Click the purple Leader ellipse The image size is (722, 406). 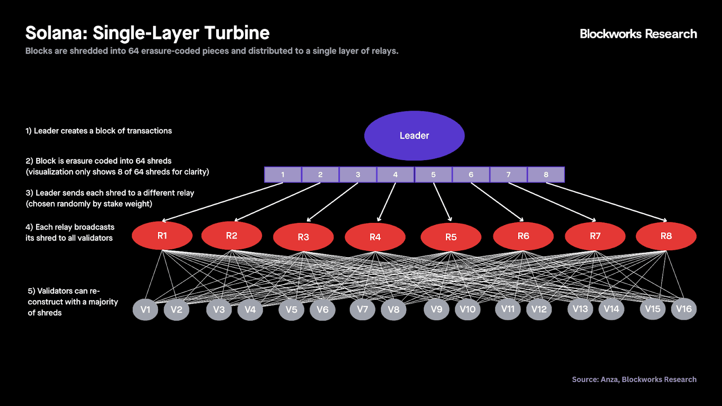414,135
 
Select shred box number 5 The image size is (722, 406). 433,175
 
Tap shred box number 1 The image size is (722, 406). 283,175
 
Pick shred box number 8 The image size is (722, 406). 546,175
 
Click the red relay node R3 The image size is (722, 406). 303,237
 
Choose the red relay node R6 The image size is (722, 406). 523,236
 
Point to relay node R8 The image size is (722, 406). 666,236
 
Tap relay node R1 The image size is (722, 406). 162,235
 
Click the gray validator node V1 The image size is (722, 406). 145,309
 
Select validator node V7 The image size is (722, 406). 362,309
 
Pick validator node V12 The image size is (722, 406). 539,309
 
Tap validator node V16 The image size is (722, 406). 684,309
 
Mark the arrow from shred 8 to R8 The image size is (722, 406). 606,202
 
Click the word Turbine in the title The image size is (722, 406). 237,33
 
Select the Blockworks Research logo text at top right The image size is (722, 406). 638,34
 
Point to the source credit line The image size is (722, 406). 634,379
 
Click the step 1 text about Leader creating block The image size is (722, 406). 98,131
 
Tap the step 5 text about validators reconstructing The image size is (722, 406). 72,302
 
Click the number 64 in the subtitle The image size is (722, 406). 133,51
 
